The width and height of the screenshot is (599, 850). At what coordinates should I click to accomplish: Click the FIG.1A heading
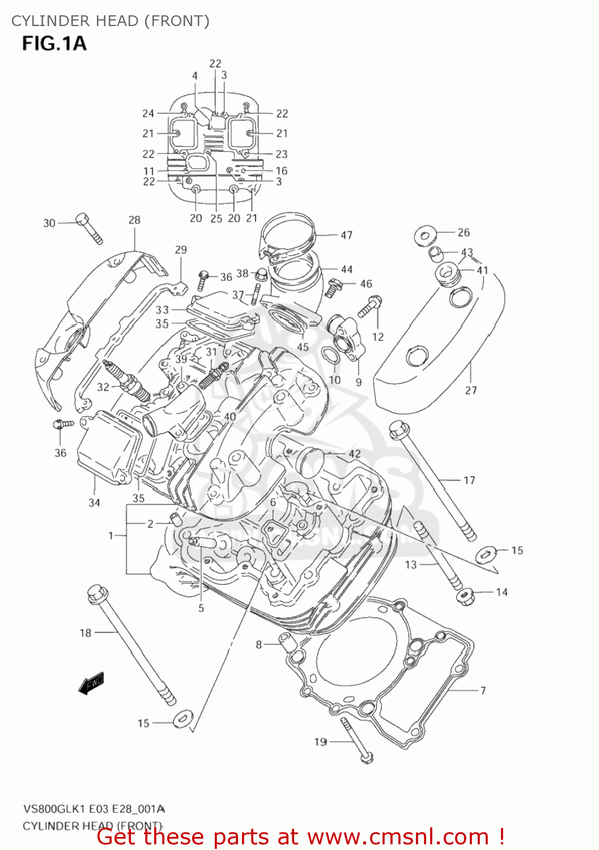click(x=54, y=43)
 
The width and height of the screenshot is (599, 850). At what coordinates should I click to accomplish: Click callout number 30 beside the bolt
click(x=49, y=223)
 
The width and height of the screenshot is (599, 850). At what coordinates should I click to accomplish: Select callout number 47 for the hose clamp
click(x=346, y=235)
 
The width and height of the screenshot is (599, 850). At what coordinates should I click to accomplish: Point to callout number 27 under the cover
click(x=471, y=390)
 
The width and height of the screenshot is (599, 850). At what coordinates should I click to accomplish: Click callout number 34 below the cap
click(x=94, y=502)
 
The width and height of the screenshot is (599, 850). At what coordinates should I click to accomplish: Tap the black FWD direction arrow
click(x=91, y=683)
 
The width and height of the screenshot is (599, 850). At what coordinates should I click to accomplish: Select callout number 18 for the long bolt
click(x=86, y=632)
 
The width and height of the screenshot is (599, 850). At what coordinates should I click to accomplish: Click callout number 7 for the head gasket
click(x=483, y=690)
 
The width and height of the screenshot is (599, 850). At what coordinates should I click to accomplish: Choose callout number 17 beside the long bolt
click(x=469, y=480)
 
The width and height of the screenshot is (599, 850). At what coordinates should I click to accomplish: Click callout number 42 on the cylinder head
click(x=354, y=454)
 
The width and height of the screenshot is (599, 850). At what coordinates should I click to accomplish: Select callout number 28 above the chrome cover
click(x=134, y=220)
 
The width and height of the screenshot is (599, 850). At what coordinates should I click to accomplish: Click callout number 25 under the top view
click(x=216, y=218)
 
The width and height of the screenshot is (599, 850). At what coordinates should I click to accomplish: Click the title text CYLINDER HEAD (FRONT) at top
click(x=111, y=21)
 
